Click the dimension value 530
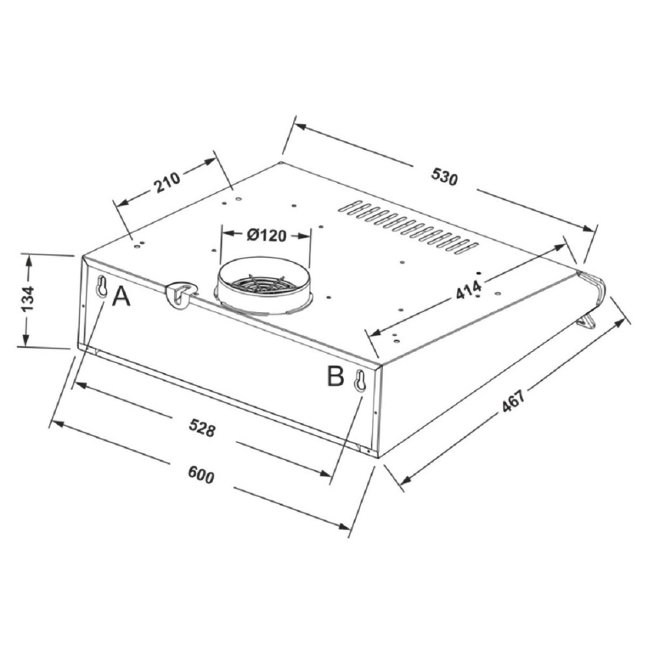[444, 176]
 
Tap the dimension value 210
[167, 182]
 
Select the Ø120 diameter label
[266, 236]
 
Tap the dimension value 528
[202, 428]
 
